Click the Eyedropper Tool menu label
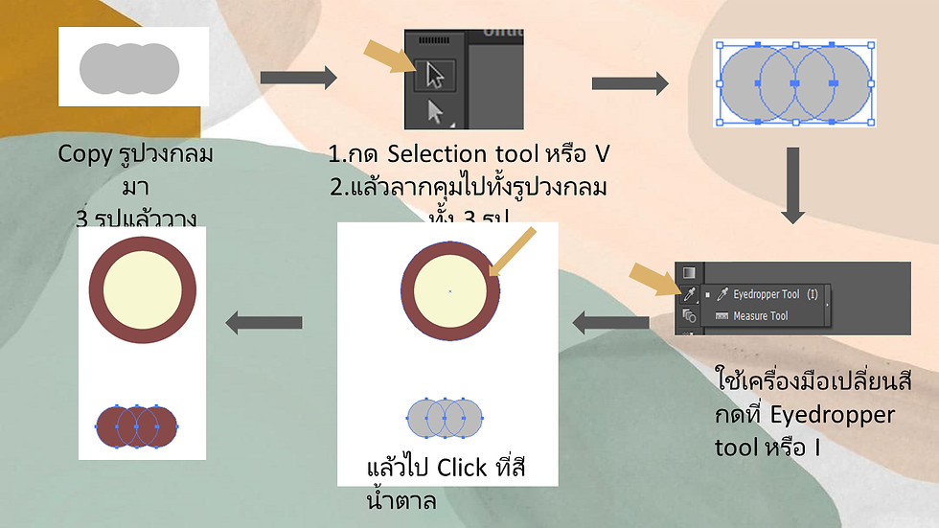(x=766, y=295)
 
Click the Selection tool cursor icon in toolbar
(x=434, y=76)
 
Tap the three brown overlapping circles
(x=136, y=423)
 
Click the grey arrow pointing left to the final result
(x=264, y=324)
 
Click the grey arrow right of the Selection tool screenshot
(x=630, y=83)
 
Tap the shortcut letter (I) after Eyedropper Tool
(x=812, y=295)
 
